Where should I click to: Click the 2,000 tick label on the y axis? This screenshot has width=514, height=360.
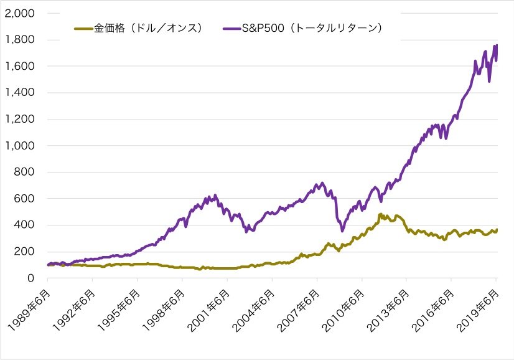pos(21,13)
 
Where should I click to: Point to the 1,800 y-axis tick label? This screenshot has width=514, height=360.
pos(21,40)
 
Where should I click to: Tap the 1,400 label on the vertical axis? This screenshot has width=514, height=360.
pos(21,93)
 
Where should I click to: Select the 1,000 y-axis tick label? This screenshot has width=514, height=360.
pos(21,146)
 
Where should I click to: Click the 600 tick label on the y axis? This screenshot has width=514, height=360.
pos(25,199)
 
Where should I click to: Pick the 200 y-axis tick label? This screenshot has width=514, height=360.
pos(25,252)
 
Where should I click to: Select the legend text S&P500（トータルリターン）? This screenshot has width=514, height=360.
pos(311,28)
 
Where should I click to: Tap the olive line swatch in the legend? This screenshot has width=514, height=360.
pos(83,28)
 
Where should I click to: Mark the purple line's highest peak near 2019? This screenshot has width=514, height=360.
pos(496,45)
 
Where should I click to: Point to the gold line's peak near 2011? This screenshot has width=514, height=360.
pos(380,214)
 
